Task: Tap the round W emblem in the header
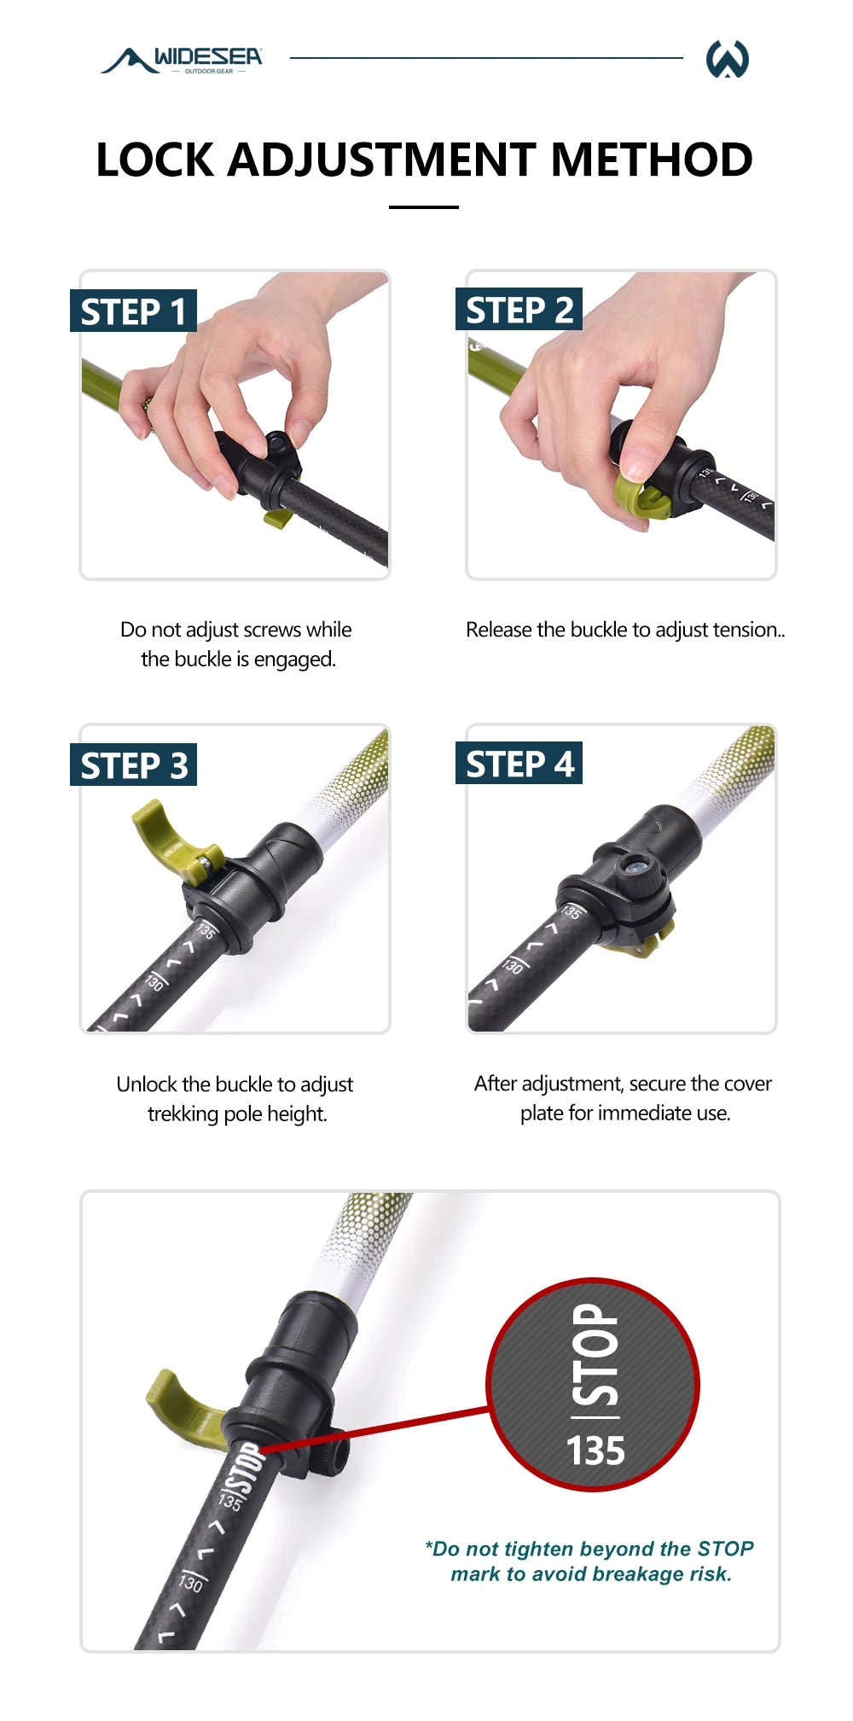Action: pos(727,59)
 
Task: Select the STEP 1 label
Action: pos(133,311)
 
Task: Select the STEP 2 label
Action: pos(519,311)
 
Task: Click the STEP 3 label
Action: pos(133,765)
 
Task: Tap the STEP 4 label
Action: pos(519,765)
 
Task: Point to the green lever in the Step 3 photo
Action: pos(163,832)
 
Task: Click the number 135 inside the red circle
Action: pos(595,1451)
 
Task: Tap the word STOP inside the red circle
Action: pos(595,1354)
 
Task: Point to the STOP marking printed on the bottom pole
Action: pos(245,1466)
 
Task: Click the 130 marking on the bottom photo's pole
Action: pos(190,1583)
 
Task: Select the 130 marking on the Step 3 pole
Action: pos(154,981)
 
